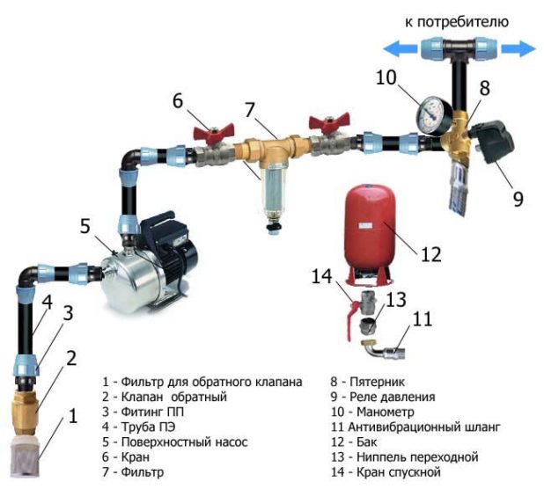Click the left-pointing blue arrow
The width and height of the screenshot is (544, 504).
[401, 48]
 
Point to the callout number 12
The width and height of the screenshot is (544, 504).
[431, 254]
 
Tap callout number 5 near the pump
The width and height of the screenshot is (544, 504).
[85, 226]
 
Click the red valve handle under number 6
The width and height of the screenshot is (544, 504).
[214, 132]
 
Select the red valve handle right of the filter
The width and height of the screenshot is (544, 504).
[329, 122]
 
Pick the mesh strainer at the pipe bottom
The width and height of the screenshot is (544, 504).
[26, 457]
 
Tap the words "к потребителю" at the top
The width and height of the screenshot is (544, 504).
[457, 22]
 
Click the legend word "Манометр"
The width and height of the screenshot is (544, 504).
[385, 412]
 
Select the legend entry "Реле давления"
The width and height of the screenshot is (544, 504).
[392, 397]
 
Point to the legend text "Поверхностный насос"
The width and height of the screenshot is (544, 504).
[184, 442]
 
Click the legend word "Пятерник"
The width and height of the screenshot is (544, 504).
[377, 382]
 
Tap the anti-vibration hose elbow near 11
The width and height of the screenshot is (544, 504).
[383, 351]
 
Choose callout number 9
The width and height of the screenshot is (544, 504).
[518, 199]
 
